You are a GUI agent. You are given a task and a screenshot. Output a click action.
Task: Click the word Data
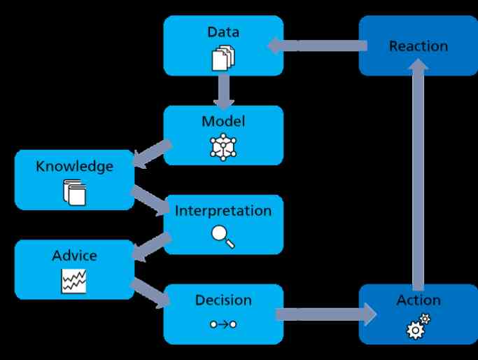(223, 32)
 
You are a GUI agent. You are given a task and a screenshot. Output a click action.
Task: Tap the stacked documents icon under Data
(223, 58)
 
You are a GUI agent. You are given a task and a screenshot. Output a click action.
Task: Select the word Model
(223, 121)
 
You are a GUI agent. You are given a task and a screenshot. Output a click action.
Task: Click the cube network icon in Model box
(223, 147)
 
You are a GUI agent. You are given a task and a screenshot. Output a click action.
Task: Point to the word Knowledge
(74, 167)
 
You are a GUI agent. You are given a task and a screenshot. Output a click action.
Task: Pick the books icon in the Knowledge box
(75, 193)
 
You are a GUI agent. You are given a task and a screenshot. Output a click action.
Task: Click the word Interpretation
(223, 211)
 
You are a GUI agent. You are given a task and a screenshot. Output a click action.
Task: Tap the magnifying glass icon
(223, 237)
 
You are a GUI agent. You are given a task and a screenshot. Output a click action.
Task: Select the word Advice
(74, 256)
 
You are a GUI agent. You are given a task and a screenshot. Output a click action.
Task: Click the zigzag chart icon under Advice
(73, 281)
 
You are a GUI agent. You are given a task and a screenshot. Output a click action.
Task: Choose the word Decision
(223, 300)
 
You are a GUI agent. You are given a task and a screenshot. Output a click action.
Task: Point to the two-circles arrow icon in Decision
(223, 324)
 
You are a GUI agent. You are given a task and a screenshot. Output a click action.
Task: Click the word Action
(419, 300)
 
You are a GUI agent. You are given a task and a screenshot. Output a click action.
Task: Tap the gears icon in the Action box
(419, 326)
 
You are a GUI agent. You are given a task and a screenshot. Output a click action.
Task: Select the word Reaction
(419, 46)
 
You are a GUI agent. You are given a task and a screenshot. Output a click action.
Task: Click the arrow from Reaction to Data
(317, 46)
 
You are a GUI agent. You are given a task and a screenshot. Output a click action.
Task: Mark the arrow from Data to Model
(224, 92)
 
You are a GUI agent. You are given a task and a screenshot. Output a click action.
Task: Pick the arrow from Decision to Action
(326, 314)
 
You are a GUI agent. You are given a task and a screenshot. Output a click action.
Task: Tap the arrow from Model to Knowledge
(153, 153)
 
